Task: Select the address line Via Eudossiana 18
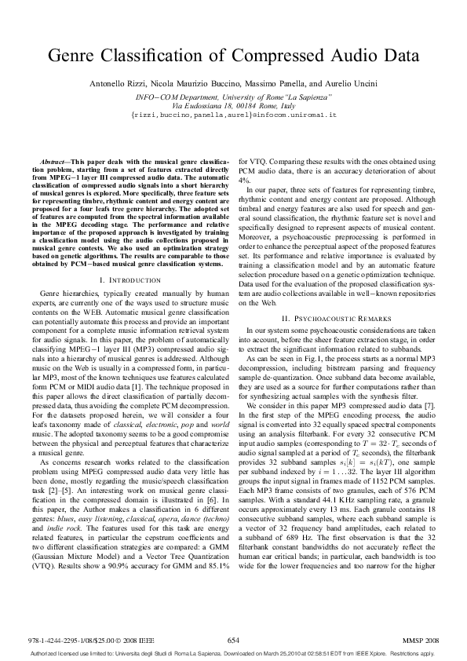pos(233,104)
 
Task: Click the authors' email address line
pos(233,114)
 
